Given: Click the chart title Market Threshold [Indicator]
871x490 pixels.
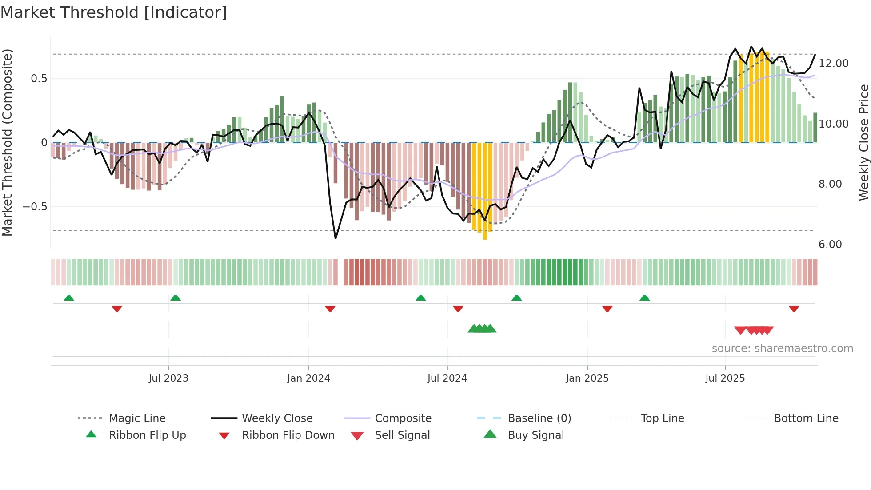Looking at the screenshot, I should (x=114, y=12).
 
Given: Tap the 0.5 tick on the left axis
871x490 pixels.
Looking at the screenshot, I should (x=39, y=79).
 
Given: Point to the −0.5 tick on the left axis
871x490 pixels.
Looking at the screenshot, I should (x=35, y=207).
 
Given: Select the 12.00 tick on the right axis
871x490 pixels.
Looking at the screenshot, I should (x=833, y=64).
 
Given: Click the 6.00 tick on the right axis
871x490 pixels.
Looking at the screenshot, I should (x=830, y=245).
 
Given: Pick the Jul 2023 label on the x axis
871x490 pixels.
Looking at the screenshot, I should (x=168, y=378).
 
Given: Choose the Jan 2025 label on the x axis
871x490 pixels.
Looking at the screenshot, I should (x=587, y=378).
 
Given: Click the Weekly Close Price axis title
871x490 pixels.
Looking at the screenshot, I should (x=863, y=142).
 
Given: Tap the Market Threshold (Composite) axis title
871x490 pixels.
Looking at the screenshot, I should (x=7, y=142).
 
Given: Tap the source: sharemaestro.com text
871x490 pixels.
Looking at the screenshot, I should (x=782, y=349).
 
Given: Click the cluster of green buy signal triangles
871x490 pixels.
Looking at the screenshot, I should (x=482, y=329).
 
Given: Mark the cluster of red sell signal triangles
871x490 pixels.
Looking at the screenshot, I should (x=754, y=330).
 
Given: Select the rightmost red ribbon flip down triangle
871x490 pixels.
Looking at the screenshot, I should (x=794, y=309).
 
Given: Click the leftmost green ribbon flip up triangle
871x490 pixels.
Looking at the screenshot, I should (x=69, y=298).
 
